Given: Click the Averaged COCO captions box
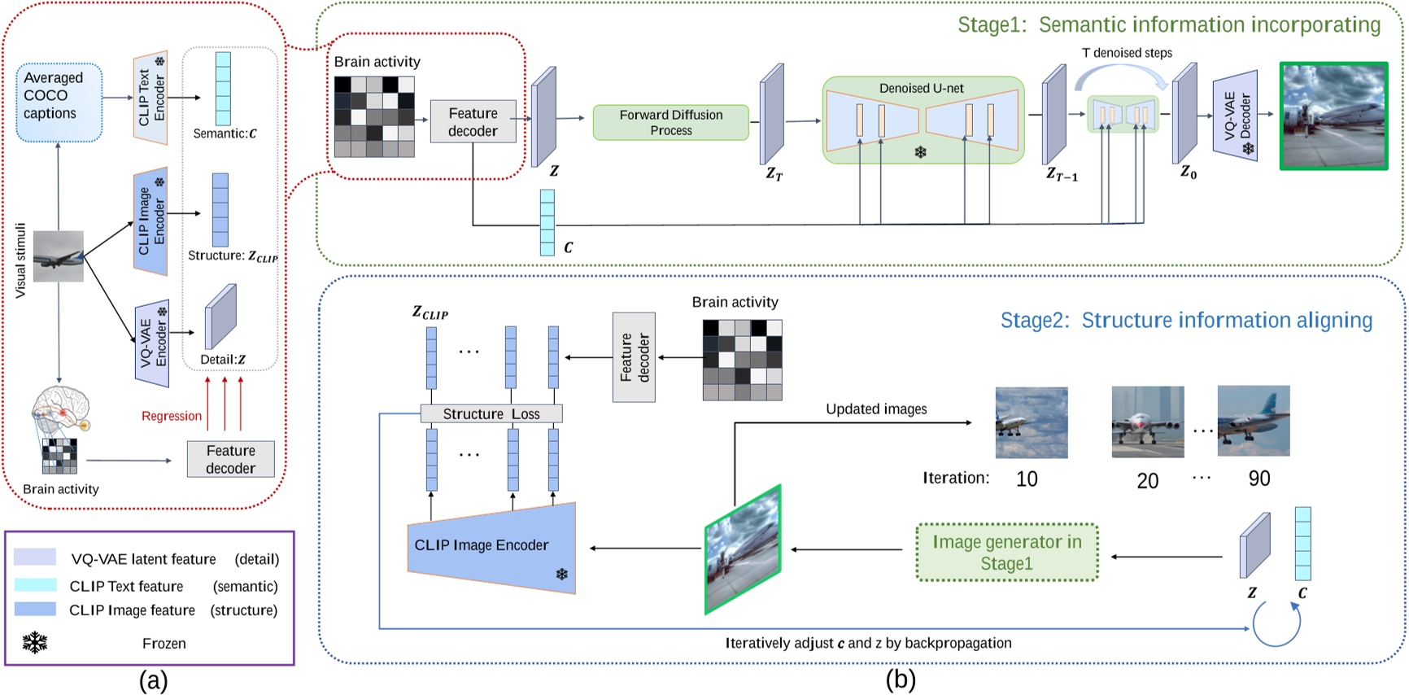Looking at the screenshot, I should point(59,102).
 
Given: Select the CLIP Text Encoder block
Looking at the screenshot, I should point(150,98).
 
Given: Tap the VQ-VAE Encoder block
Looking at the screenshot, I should point(152,343).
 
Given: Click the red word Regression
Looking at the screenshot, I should point(171,416).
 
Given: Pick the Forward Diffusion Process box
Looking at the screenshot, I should point(670,122).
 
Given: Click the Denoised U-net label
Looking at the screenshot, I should point(921,88).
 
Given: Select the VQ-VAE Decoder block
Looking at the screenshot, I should point(1235,115).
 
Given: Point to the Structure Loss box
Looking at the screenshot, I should point(491,413).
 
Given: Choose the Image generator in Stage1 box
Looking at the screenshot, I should point(1006,553).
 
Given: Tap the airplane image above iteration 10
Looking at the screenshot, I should point(1031,422).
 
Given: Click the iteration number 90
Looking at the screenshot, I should point(1259,479).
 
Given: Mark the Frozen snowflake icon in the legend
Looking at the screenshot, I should point(34,643).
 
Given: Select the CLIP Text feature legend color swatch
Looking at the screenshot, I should point(35,585).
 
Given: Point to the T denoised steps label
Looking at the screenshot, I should point(1126,53).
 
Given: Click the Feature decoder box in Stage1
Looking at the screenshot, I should point(473,122).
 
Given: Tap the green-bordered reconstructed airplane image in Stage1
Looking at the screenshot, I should point(1333,116).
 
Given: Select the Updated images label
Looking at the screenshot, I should point(875,409).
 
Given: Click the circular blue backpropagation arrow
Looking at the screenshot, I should point(1276,624).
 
